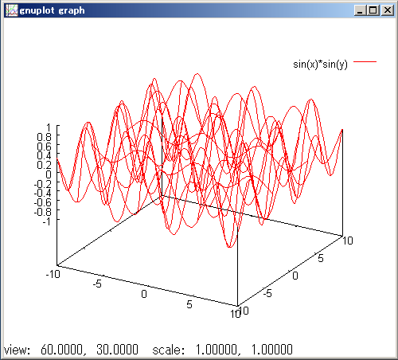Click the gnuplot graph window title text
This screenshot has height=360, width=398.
coord(52,10)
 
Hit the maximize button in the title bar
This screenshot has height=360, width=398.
coord(373,10)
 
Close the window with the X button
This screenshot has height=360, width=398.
coord(388,10)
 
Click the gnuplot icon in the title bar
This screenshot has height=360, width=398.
coord(12,10)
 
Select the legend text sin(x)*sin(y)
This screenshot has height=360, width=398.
coord(320,65)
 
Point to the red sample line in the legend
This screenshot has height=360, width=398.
coord(365,61)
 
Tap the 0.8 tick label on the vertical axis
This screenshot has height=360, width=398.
coord(44,137)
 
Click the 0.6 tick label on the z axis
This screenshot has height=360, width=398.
coord(44,147)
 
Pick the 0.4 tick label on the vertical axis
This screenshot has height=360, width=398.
coord(44,155)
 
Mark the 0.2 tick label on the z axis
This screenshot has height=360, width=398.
coord(44,165)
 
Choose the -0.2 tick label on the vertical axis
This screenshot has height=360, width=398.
coord(43,184)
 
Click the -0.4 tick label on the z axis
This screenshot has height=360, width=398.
coord(43,193)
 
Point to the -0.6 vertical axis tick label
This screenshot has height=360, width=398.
coord(43,202)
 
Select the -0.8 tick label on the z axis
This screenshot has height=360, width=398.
coord(43,212)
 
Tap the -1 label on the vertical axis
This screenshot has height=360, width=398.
coord(46,221)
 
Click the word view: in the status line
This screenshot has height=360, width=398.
coord(17,350)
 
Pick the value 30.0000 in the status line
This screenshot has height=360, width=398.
coord(117,350)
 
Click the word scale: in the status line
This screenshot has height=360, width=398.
coord(169,350)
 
